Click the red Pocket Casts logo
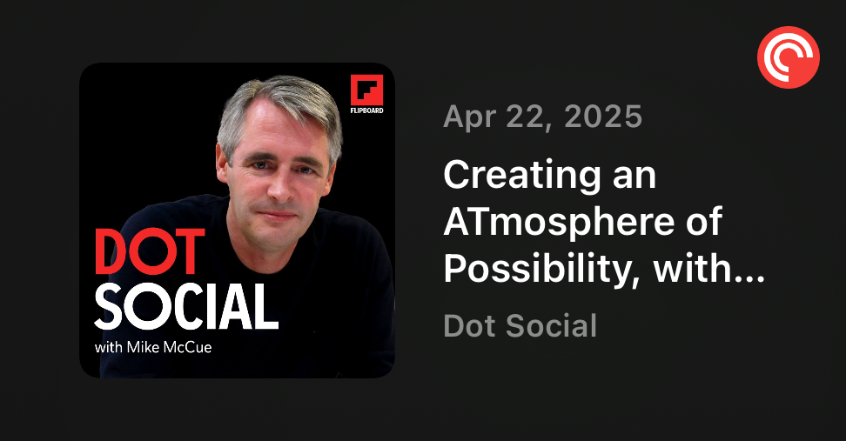(789, 57)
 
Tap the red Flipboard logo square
(367, 90)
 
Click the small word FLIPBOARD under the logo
(367, 110)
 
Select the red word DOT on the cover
(150, 251)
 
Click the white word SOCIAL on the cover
(186, 307)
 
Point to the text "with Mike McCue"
(153, 347)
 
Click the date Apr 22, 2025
(543, 117)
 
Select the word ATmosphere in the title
(559, 222)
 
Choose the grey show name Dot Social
(520, 325)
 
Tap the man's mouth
(277, 215)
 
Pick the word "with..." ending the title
(709, 268)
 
